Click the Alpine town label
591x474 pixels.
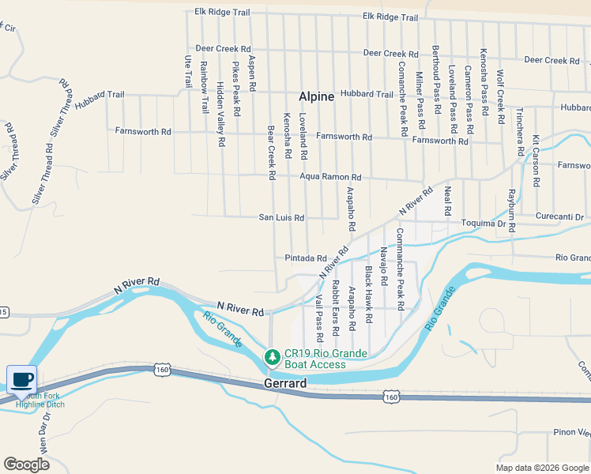(x=316, y=96)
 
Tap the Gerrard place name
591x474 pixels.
(x=284, y=383)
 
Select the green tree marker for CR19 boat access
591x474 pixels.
(x=273, y=358)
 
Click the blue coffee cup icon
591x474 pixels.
(x=21, y=378)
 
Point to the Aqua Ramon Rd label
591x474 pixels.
(x=330, y=177)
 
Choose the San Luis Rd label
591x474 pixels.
(x=282, y=217)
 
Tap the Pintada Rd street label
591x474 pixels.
(x=306, y=258)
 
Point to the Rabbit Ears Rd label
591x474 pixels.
(x=335, y=304)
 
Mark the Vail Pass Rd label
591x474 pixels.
(x=319, y=313)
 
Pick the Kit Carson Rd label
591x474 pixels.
(x=536, y=160)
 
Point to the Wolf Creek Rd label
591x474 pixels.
(x=500, y=97)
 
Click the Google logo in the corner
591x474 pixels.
(x=27, y=465)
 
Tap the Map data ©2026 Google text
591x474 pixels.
(x=541, y=468)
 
